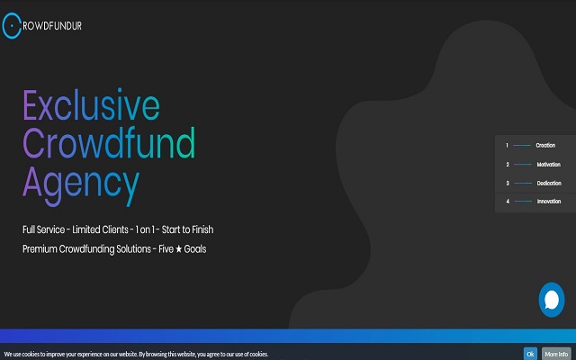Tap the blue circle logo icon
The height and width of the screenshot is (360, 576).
coord(11,27)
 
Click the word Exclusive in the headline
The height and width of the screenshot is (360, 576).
coord(91,107)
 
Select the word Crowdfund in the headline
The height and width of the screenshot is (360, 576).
coord(109,144)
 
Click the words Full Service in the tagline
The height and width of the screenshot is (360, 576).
coord(49,230)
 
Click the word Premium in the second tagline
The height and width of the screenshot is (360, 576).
coord(42,248)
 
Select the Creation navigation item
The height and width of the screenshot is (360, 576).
coord(545,145)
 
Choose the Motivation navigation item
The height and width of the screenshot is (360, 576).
coord(548,164)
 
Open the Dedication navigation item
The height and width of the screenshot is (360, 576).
coord(548,183)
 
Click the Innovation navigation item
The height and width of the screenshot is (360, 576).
coord(548,201)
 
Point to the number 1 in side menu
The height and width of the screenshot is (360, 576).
coord(507,145)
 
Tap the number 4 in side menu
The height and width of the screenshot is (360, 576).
coord(507,201)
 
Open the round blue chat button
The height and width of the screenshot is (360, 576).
coord(551,300)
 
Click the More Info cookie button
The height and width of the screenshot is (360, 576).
coord(555,354)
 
